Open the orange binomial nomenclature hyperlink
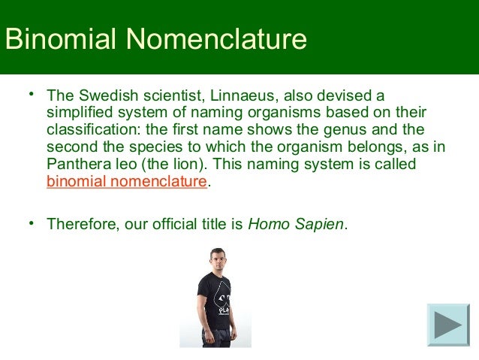(126, 181)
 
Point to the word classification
(84, 130)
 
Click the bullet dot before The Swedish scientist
(32, 95)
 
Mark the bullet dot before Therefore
(32, 222)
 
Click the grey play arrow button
(448, 325)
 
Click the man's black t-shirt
(216, 297)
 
